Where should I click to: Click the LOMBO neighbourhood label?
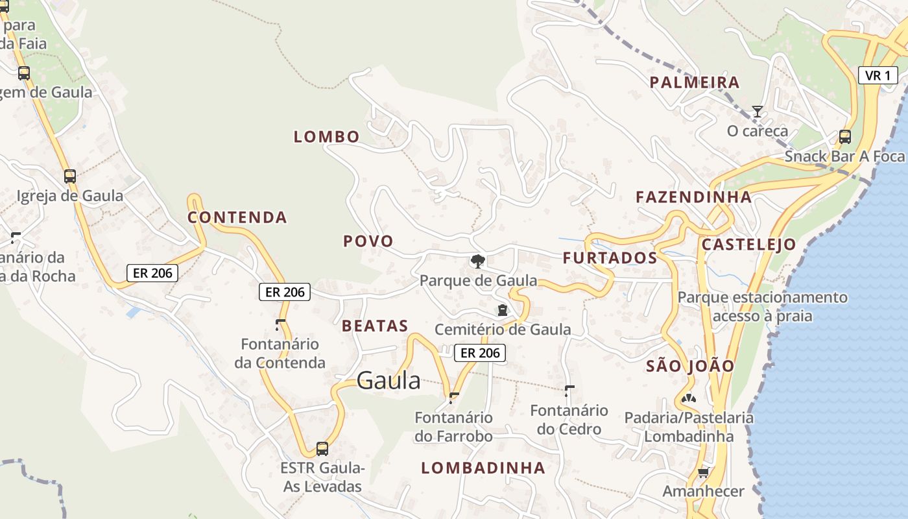(x=326, y=137)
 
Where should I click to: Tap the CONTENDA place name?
(x=237, y=217)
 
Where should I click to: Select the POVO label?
(x=368, y=241)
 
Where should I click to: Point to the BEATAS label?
(x=375, y=326)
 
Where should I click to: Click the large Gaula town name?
(x=388, y=381)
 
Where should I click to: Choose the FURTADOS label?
(x=610, y=258)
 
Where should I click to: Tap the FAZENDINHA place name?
(x=693, y=197)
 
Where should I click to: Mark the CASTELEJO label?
(x=748, y=245)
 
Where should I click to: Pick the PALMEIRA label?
(x=695, y=82)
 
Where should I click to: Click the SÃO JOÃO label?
(x=690, y=366)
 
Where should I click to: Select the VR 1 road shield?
(x=878, y=75)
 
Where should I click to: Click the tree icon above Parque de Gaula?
(x=478, y=261)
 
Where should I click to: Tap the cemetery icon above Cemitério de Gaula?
(x=503, y=310)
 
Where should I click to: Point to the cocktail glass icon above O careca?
(x=757, y=112)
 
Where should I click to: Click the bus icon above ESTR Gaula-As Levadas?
(x=322, y=448)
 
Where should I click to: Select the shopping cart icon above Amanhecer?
(x=703, y=472)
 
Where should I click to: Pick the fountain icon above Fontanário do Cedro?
(x=569, y=391)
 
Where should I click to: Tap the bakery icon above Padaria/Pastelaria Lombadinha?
(x=689, y=398)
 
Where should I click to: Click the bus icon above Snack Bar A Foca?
(x=844, y=136)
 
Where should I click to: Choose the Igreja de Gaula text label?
(x=70, y=196)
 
